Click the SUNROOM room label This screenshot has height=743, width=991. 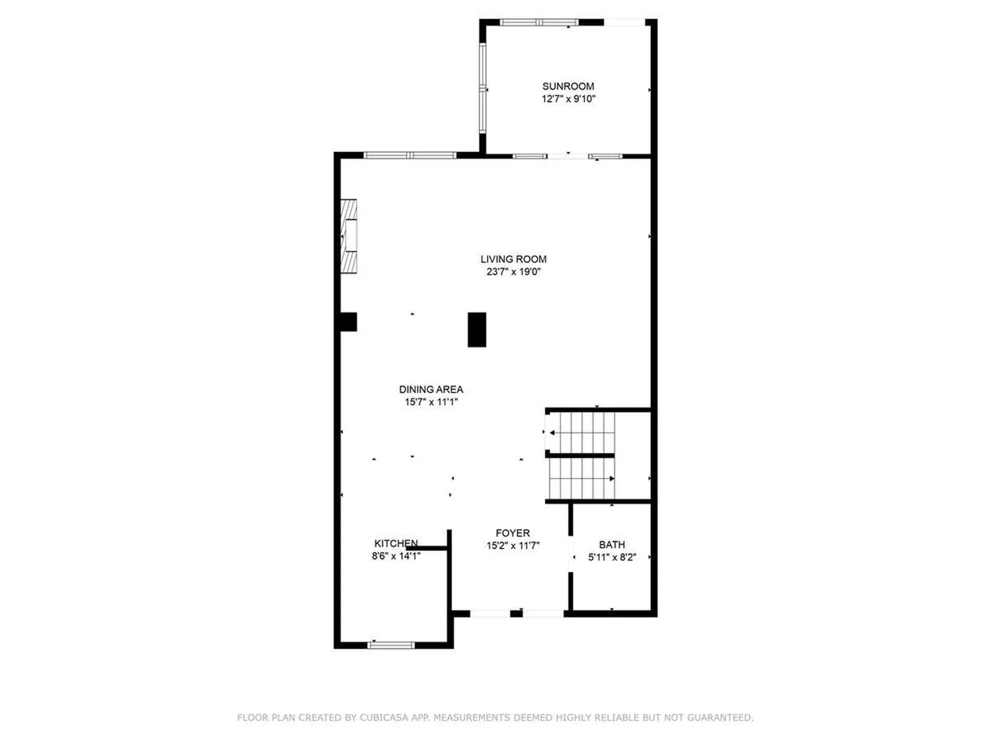(568, 86)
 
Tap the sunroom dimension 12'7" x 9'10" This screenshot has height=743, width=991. (568, 99)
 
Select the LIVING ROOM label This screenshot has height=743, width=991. (513, 259)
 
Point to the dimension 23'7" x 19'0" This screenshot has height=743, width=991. (513, 272)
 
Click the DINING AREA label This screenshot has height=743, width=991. (431, 390)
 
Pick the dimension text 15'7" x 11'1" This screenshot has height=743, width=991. (431, 402)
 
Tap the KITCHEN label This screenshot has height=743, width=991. (396, 543)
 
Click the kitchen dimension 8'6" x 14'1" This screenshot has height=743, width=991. (396, 556)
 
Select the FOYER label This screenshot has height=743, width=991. (513, 533)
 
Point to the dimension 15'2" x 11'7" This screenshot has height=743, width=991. (513, 545)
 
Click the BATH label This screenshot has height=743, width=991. (612, 544)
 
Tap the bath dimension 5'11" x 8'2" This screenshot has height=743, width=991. (612, 557)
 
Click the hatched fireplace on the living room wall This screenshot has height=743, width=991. (349, 236)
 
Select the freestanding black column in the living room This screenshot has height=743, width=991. (476, 329)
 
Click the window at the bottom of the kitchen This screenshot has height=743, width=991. (391, 645)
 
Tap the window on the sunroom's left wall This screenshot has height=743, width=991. (483, 88)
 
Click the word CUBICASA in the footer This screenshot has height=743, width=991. (383, 718)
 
